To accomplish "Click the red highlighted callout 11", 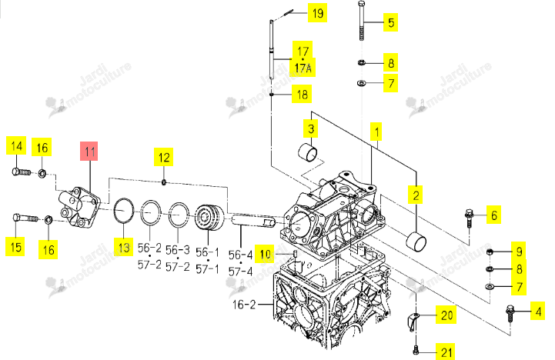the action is tap(89, 152).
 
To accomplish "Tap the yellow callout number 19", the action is tap(317, 13).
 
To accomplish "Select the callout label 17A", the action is tap(303, 68).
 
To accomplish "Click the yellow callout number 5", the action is tap(391, 22).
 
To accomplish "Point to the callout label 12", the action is tap(163, 157).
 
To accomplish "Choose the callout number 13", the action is tap(123, 247).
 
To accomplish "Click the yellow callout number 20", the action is tap(446, 315).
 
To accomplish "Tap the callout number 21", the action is tap(446, 352).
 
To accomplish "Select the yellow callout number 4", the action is tap(537, 312).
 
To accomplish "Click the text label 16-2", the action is tap(244, 305).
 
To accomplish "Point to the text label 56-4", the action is tap(240, 255).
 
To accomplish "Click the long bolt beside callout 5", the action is tap(361, 21).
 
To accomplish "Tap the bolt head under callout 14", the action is tap(15, 172).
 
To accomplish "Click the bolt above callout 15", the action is tap(25, 218).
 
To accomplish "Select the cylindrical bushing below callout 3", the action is tap(307, 152).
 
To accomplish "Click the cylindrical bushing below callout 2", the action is tap(416, 242).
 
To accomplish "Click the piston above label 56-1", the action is tap(209, 217).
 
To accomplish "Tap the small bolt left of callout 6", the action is tap(469, 218).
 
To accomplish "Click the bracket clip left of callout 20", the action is tap(413, 321).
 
